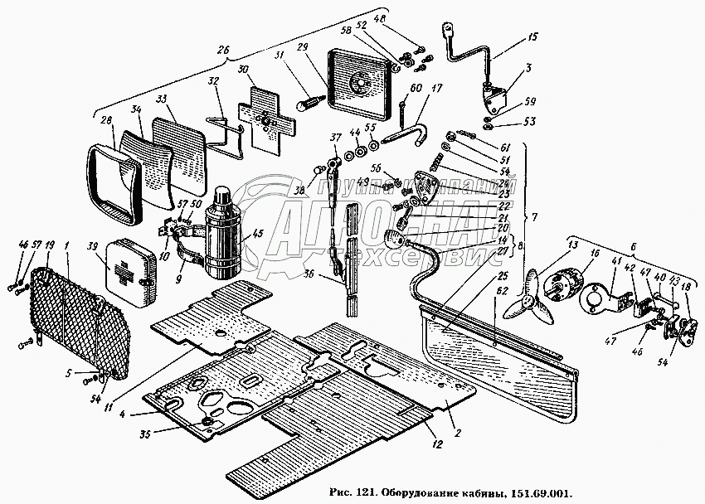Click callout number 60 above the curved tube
415,89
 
